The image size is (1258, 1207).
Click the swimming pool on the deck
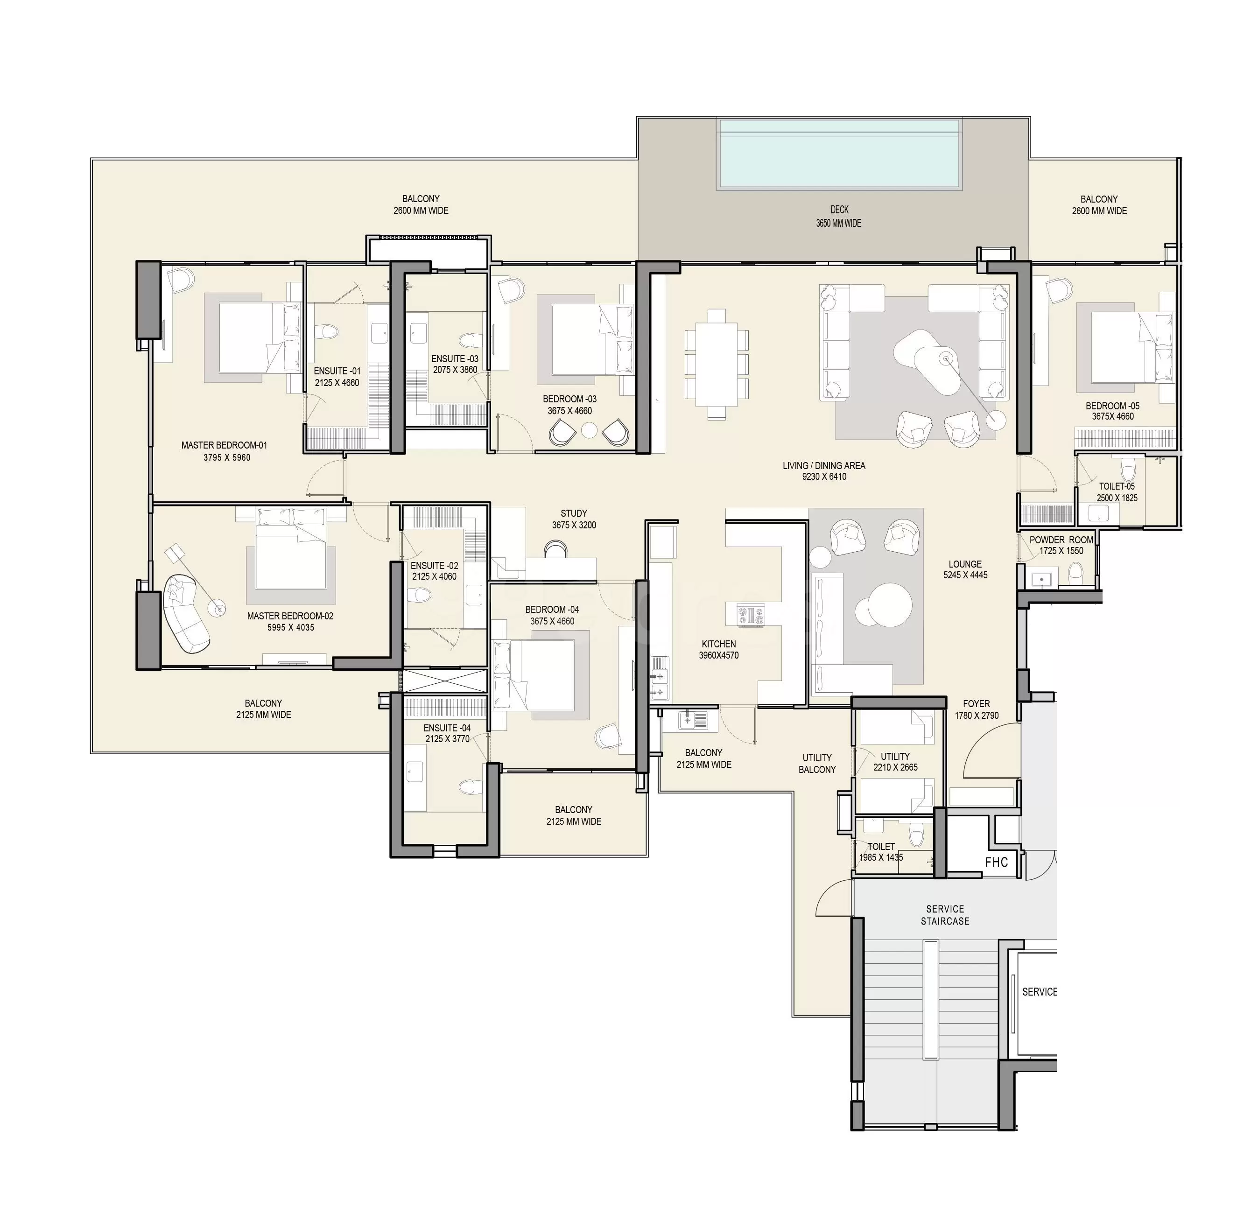[x=839, y=154]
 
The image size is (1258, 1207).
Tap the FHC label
[x=997, y=863]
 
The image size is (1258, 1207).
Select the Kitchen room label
[x=719, y=649]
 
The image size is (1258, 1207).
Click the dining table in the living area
[x=717, y=364]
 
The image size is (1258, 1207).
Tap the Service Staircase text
[x=945, y=915]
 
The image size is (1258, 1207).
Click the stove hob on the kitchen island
[x=750, y=615]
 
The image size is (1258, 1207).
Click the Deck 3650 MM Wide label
[x=839, y=216]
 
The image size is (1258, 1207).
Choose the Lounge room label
[x=965, y=569]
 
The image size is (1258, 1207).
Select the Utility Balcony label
[x=817, y=764]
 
